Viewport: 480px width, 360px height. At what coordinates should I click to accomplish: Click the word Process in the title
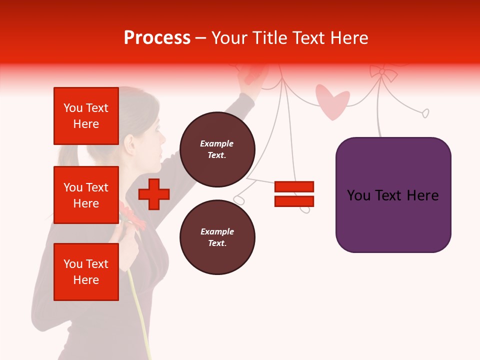coord(157,38)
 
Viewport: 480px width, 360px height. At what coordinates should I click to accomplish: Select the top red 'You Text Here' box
coord(86,116)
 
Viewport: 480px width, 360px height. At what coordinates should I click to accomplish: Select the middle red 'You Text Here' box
coord(86,195)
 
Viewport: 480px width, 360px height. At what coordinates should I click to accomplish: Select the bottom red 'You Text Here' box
coord(86,272)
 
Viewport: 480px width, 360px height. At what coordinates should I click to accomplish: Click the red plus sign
coord(154,194)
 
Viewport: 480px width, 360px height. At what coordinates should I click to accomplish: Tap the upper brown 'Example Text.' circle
coord(217,149)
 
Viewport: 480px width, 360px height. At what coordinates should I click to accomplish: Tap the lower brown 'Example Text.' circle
coord(217,237)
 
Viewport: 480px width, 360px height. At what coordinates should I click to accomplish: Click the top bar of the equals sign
coord(294,186)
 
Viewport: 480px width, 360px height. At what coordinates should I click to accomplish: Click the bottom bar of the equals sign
coord(294,201)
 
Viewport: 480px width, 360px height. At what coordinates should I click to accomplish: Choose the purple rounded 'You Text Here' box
coord(393,195)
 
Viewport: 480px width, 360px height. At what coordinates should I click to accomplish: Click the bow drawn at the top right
coord(382,73)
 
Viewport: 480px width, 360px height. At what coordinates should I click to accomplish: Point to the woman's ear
coord(131,144)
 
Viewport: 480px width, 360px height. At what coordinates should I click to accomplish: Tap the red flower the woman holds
coord(131,216)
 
